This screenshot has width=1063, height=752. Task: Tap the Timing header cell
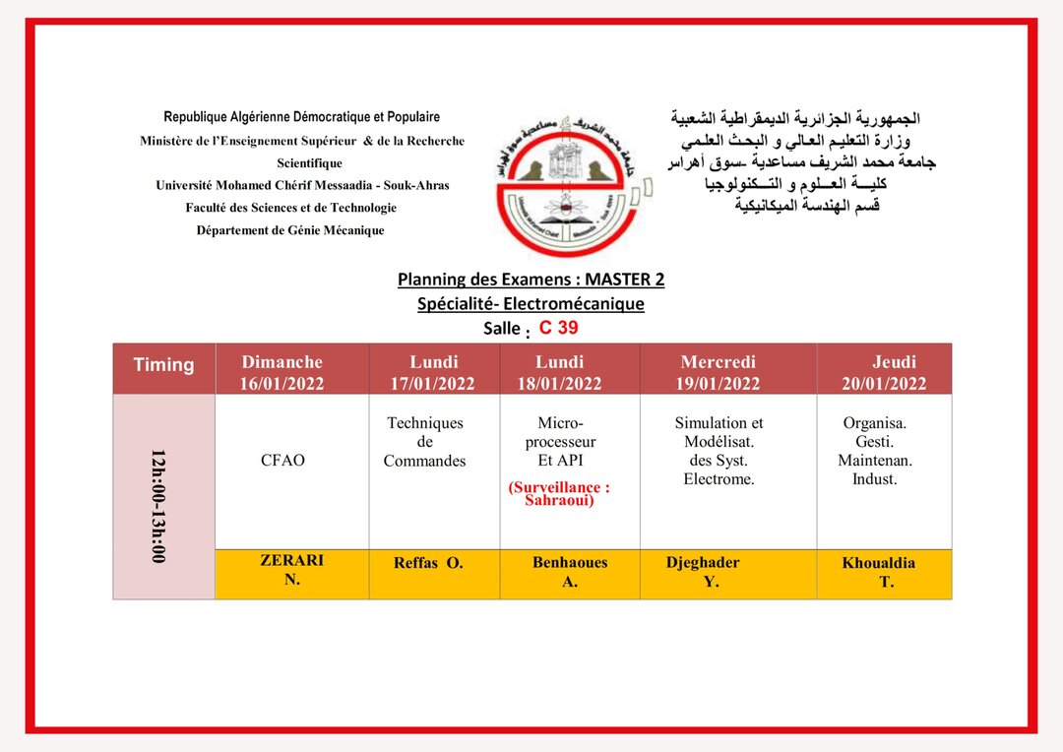tap(163, 365)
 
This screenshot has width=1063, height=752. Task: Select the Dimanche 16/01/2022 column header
tap(281, 373)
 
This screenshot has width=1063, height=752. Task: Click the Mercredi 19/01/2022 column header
tap(718, 373)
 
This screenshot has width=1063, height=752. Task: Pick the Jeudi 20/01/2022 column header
tap(883, 373)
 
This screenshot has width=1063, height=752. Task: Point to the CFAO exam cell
tap(282, 461)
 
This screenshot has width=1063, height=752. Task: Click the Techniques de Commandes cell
tap(424, 442)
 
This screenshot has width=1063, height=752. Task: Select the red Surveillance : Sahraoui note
tap(559, 493)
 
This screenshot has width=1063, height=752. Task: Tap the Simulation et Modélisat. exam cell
tap(719, 451)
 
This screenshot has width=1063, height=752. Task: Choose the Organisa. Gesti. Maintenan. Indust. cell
tap(874, 451)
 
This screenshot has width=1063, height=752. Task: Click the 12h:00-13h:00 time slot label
tap(158, 506)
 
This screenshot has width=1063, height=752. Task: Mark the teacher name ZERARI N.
tap(291, 570)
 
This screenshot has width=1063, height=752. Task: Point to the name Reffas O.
tap(428, 564)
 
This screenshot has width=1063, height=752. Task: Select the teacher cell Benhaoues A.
tap(570, 572)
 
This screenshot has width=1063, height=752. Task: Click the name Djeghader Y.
tap(704, 572)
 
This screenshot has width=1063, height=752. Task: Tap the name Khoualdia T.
tap(879, 572)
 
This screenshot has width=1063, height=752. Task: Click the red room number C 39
tap(558, 328)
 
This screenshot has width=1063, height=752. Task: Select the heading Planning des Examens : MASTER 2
tap(531, 280)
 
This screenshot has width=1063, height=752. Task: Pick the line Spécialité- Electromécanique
tap(531, 304)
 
